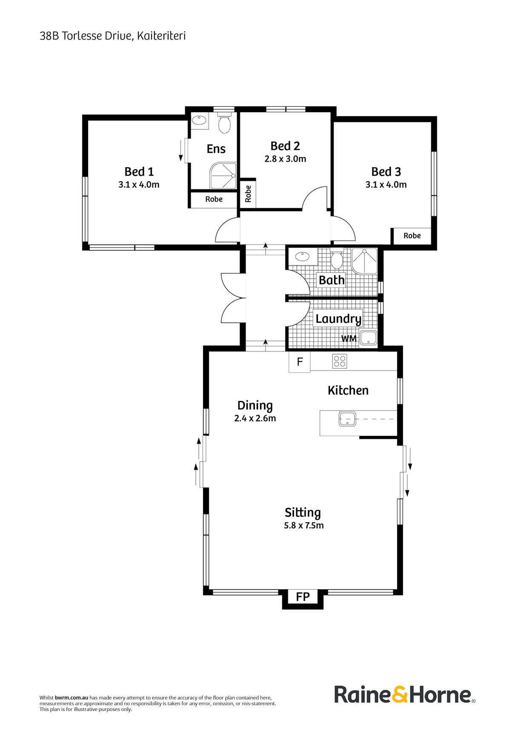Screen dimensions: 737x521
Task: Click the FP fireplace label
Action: click(x=303, y=597)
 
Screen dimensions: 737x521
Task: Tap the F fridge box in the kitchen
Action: click(x=300, y=362)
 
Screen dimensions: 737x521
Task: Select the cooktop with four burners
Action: click(x=340, y=361)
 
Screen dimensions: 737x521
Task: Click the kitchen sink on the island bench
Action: click(x=347, y=419)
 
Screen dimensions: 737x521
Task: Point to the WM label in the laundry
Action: click(x=349, y=339)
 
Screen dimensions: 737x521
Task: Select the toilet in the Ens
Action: click(x=224, y=124)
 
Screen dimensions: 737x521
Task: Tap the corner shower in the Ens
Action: click(x=223, y=175)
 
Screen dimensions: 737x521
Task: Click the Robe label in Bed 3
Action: click(x=412, y=236)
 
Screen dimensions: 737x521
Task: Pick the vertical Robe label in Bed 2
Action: click(x=248, y=194)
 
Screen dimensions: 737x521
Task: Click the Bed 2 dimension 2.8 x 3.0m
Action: click(x=285, y=159)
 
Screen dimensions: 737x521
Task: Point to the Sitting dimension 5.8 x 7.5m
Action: click(x=303, y=526)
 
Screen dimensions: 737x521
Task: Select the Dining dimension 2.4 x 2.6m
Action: click(x=255, y=418)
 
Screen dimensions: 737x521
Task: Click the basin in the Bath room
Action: click(x=302, y=257)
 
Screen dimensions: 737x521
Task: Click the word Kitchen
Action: click(x=348, y=390)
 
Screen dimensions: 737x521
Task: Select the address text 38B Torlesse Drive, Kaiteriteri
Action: click(x=112, y=36)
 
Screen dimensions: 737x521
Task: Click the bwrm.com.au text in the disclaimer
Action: click(x=72, y=697)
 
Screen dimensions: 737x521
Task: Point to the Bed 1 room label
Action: click(x=139, y=171)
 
